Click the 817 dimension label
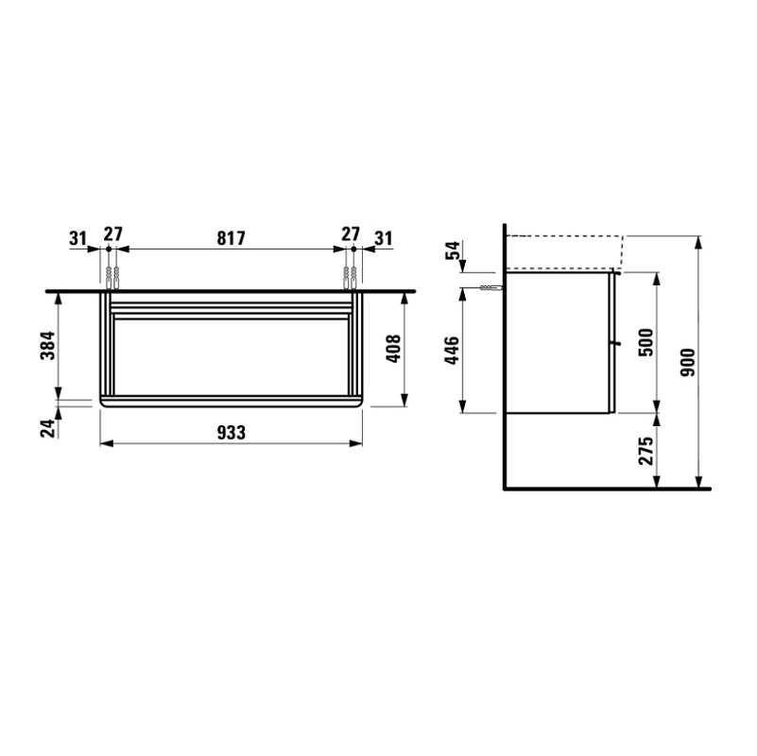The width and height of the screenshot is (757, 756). click(x=231, y=238)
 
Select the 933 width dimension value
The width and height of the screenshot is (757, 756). click(x=231, y=433)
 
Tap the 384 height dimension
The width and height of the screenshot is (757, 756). click(x=48, y=345)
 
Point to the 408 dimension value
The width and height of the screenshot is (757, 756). click(x=394, y=349)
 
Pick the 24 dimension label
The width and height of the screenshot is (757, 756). click(x=48, y=429)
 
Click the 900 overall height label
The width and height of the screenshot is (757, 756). click(x=687, y=363)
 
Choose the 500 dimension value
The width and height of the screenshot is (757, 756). click(x=646, y=342)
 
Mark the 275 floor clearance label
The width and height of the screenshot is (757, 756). click(x=646, y=451)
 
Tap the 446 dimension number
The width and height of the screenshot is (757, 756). click(x=453, y=351)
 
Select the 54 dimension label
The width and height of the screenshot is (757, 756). click(x=453, y=250)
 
